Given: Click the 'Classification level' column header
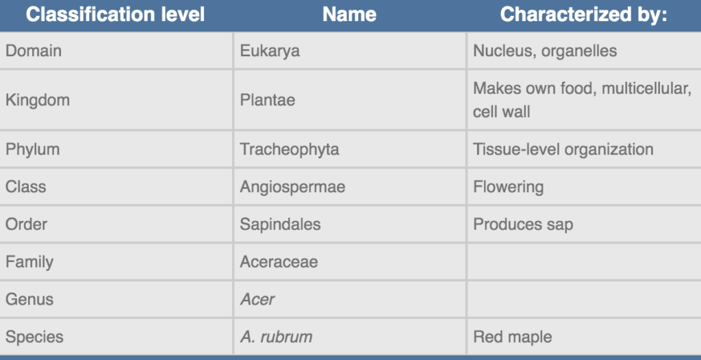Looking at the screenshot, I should pyautogui.click(x=115, y=15).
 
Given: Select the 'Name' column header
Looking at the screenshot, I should pyautogui.click(x=349, y=15).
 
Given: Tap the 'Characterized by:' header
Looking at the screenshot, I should pyautogui.click(x=583, y=15).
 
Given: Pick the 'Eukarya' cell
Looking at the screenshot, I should pyautogui.click(x=270, y=51).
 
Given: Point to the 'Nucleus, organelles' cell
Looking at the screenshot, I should pyautogui.click(x=545, y=51).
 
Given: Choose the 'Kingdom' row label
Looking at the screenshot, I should pyautogui.click(x=38, y=100).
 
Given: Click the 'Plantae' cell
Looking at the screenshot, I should pyautogui.click(x=268, y=100).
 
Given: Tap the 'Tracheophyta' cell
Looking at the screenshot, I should pyautogui.click(x=290, y=149).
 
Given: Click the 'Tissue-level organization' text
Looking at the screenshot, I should pyautogui.click(x=563, y=149).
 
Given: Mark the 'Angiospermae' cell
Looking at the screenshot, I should pyautogui.click(x=292, y=187).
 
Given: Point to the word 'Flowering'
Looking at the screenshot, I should pyautogui.click(x=508, y=187).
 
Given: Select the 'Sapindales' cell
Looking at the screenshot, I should pyautogui.click(x=280, y=224).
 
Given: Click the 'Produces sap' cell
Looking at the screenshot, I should pyautogui.click(x=523, y=224).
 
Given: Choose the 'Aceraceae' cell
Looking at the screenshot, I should pyautogui.click(x=279, y=261).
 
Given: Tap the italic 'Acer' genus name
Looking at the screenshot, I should pyautogui.click(x=257, y=299).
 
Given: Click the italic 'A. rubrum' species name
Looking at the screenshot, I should pyautogui.click(x=276, y=337).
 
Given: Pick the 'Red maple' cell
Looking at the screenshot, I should pyautogui.click(x=512, y=337).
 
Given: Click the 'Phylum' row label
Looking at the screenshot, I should pyautogui.click(x=32, y=149).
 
